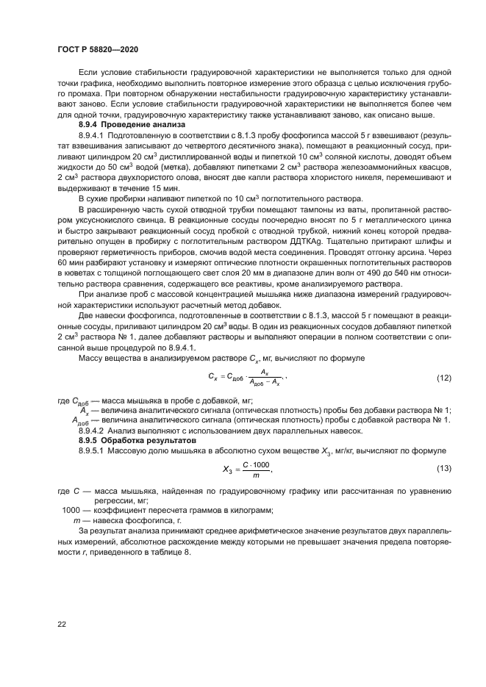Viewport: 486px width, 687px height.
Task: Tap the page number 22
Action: pos(62,623)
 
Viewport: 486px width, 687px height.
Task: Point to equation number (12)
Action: pos(443,378)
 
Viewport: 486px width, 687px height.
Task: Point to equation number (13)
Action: pos(443,468)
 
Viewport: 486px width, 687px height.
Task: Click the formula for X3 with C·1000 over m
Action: pos(247,469)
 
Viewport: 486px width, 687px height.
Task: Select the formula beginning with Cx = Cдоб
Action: pos(246,378)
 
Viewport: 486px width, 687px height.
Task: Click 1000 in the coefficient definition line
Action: pos(71,509)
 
